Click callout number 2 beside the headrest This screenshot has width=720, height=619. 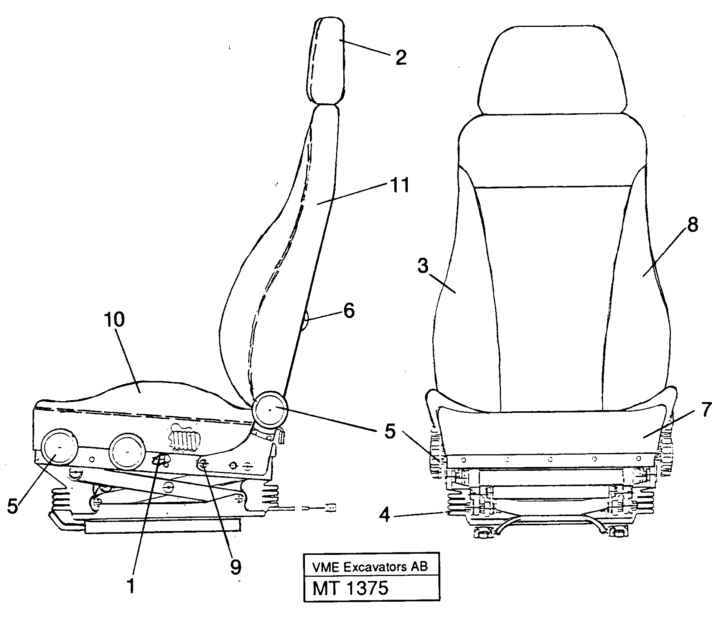(x=400, y=58)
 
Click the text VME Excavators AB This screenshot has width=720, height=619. (x=370, y=566)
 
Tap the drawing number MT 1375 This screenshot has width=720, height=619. (x=350, y=588)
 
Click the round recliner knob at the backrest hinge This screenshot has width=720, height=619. (x=270, y=410)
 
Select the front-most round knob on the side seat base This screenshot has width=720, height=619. (x=60, y=447)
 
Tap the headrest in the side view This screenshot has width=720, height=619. (x=325, y=61)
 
